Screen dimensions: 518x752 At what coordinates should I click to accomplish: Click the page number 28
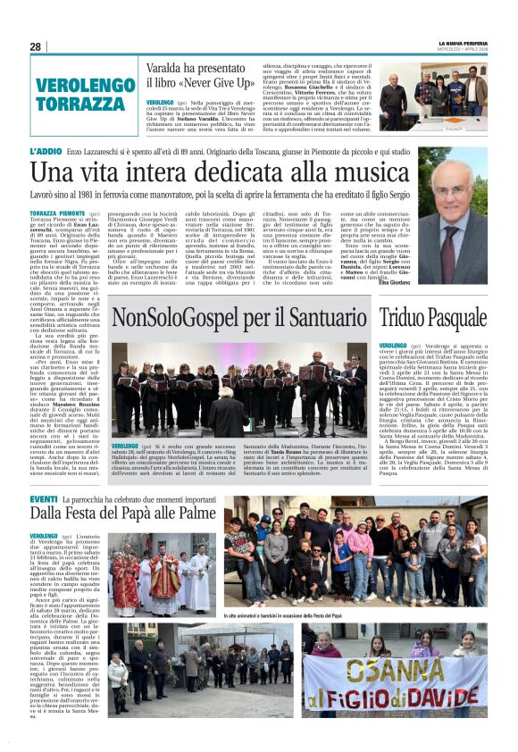pos(35,46)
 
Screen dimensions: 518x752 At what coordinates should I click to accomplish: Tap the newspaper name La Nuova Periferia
pos(463,43)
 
